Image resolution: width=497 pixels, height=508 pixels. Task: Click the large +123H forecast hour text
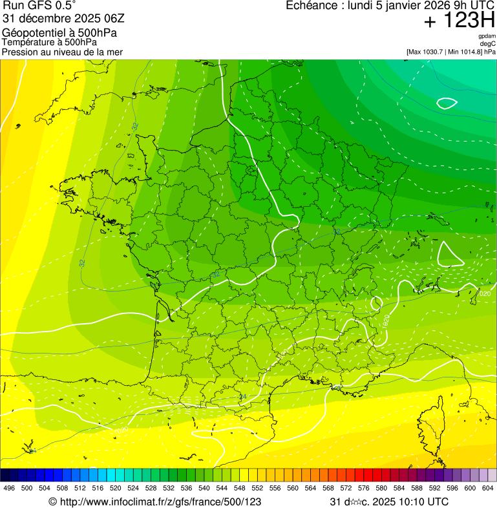(459, 21)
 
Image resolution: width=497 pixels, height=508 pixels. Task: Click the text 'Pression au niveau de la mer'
(62, 52)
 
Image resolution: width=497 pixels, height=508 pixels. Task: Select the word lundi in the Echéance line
(361, 6)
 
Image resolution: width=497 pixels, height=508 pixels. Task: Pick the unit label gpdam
(487, 37)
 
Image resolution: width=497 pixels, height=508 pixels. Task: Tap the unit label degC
(488, 44)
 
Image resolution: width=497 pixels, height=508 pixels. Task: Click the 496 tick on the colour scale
(9, 488)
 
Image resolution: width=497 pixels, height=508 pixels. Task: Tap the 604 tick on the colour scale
(488, 488)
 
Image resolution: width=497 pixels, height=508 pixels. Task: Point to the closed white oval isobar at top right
(447, 102)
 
